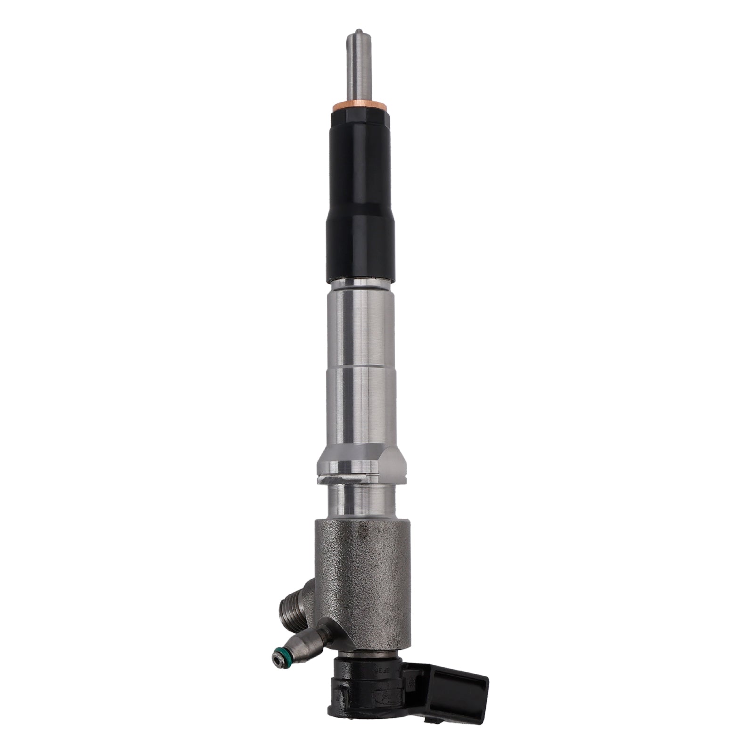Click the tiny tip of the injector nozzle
(x=357, y=34)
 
